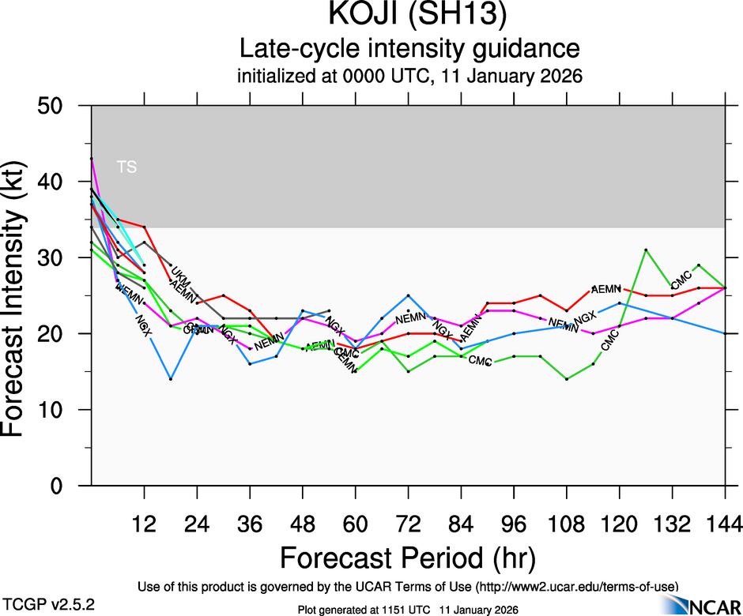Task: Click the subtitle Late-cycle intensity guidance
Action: click(x=409, y=49)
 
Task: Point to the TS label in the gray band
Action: click(x=126, y=167)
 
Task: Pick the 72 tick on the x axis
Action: click(x=408, y=524)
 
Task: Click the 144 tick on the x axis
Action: click(x=724, y=524)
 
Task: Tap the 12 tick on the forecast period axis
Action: click(x=144, y=524)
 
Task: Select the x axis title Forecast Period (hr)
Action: click(x=408, y=558)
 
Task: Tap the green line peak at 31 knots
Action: click(x=646, y=250)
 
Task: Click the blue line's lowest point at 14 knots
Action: click(x=171, y=379)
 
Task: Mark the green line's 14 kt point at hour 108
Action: click(x=567, y=379)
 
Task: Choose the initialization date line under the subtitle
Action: click(x=409, y=77)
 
